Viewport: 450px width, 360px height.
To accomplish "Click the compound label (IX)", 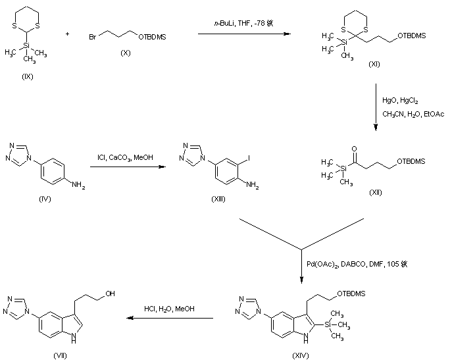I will [x=27, y=76].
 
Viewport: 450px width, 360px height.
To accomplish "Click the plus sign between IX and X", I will [x=67, y=34].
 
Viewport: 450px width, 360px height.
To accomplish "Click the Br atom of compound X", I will [x=93, y=38].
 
